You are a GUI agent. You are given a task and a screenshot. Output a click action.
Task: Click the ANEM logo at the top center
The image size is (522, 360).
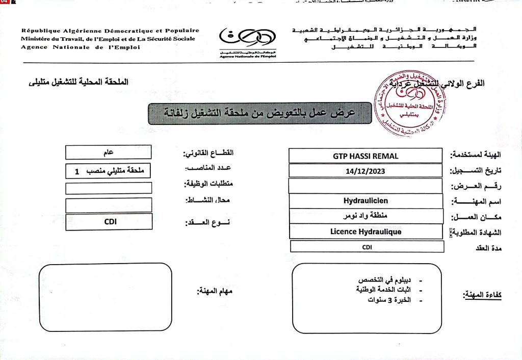(x=248, y=41)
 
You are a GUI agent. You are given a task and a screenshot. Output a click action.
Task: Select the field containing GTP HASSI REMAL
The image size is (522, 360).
(x=365, y=156)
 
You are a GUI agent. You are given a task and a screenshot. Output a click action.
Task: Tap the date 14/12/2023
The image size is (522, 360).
(x=365, y=171)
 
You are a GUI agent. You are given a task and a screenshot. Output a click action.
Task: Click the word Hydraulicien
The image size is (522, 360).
(x=365, y=201)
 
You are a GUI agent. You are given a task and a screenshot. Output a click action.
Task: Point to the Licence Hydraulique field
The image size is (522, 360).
(x=365, y=232)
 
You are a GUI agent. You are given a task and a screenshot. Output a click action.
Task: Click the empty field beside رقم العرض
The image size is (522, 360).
(x=365, y=186)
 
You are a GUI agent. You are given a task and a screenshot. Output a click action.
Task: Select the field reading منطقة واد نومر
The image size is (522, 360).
(x=365, y=216)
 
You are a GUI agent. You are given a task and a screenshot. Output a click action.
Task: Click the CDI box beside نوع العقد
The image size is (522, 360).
(x=109, y=222)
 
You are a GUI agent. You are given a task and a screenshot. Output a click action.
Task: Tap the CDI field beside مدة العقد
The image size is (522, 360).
(x=367, y=247)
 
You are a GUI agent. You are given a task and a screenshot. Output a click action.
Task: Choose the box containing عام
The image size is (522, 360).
(x=109, y=152)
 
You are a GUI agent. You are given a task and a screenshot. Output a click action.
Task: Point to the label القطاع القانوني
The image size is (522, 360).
(x=208, y=153)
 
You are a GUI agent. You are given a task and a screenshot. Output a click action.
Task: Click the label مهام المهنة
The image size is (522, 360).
(x=215, y=291)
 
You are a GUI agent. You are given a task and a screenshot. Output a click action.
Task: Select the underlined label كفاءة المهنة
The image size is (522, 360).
(x=482, y=295)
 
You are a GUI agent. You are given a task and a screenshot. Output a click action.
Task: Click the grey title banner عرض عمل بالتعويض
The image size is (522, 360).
(x=259, y=113)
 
